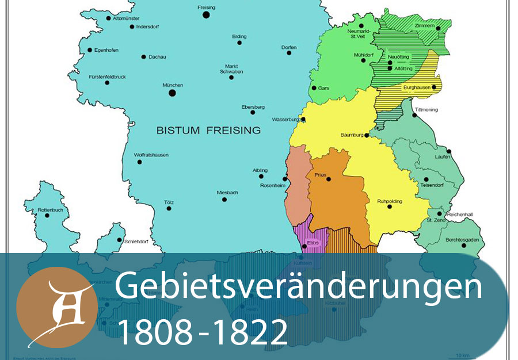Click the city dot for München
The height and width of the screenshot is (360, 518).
coord(172,93)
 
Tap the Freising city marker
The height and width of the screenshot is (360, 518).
coord(205,14)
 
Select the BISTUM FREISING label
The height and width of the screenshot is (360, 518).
coord(208,131)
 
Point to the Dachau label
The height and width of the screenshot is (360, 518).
coord(157,57)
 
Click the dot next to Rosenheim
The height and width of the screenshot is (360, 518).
coord(284,179)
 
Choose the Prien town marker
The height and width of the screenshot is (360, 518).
coord(329,179)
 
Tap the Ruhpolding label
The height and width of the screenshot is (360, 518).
coord(390,201)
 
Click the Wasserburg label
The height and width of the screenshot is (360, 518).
coord(287,120)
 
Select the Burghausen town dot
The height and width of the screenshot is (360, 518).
coord(434,87)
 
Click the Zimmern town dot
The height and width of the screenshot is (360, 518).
coord(438,28)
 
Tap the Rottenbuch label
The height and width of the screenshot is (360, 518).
coord(50,210)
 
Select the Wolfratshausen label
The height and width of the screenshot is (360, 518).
coord(151,155)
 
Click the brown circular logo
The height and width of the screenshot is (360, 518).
coord(56,307)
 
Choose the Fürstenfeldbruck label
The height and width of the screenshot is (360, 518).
coord(108,76)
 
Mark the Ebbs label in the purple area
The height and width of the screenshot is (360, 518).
coord(314,243)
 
